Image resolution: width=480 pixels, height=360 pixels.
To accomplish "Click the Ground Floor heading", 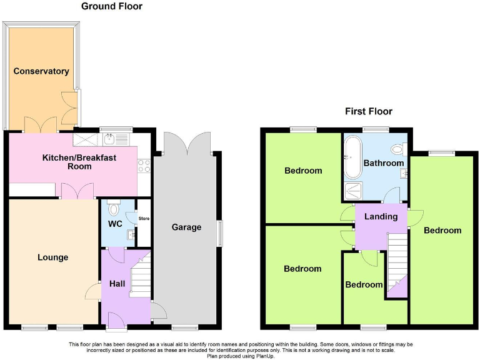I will (112, 6).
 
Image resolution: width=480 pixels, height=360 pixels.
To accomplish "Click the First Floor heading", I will (369, 111).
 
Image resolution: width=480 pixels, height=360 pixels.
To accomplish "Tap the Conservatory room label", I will (41, 71).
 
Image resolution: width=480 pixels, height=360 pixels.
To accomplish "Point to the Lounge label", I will (52, 257).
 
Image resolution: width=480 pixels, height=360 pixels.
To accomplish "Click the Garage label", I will (186, 227).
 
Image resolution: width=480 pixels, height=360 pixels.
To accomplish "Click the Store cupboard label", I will (144, 218).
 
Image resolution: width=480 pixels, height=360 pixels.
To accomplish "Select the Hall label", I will (117, 284).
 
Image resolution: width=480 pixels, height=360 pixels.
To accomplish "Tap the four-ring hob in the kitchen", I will (144, 166).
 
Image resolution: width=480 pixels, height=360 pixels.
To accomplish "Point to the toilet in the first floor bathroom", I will (396, 149).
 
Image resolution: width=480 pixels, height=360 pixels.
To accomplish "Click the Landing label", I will (381, 217).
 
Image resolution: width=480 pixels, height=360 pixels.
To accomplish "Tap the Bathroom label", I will (384, 163).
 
